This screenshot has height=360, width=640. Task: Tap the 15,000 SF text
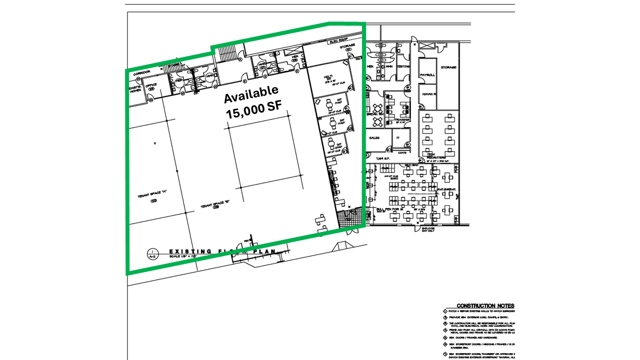[x=254, y=110]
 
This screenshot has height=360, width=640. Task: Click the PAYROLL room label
[x=427, y=75]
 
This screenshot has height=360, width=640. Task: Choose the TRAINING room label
[x=402, y=120]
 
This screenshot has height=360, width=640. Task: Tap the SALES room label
[x=374, y=137]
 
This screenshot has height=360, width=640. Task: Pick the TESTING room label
[x=403, y=66]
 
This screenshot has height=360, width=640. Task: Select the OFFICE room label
[x=151, y=85]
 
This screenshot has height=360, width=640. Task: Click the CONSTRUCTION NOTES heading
[x=485, y=305]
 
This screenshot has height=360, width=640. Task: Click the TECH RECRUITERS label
[x=434, y=155]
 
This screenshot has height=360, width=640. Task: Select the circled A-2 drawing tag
[x=152, y=253]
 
